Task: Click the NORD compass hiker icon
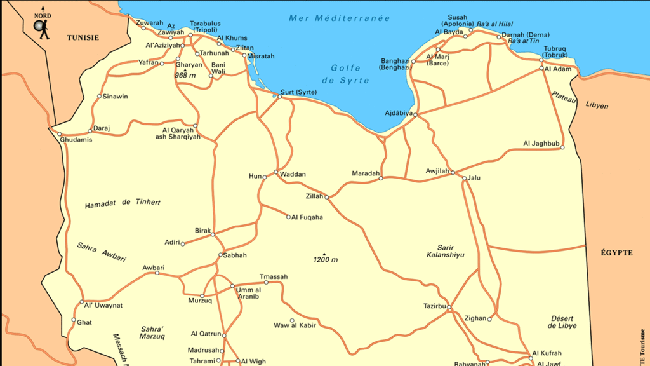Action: pos(42,27)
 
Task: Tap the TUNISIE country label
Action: pos(83,38)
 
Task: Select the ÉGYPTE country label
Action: pos(616,253)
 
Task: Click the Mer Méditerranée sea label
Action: pos(340,18)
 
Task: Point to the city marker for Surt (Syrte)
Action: pos(280,97)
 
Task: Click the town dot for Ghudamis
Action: pos(60,134)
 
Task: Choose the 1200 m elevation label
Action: pos(325,260)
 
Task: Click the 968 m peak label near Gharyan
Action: pos(185,76)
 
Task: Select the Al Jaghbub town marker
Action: pos(562,147)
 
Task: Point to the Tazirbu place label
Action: pos(435,306)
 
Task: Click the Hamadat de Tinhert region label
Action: pos(123,203)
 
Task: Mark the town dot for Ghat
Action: pos(74,320)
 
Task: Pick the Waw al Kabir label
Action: pos(295,326)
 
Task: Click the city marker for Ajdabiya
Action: pos(415,114)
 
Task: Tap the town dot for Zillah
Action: pos(327,197)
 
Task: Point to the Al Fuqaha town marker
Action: pos(288,217)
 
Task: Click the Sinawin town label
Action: pos(116,97)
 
